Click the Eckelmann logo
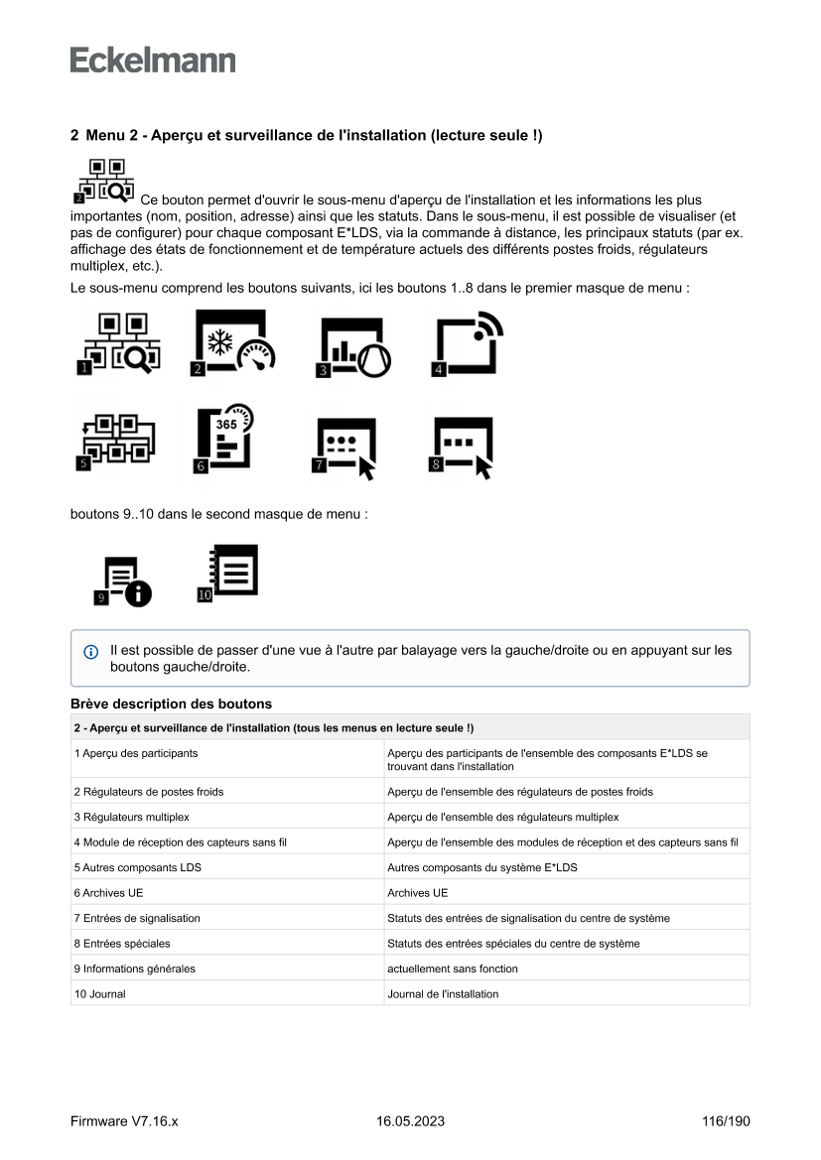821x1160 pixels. pyautogui.click(x=153, y=60)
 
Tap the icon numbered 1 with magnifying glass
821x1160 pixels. pyautogui.click(x=118, y=344)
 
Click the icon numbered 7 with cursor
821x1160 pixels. pyautogui.click(x=344, y=449)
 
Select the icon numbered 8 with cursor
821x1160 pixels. pyautogui.click(x=460, y=448)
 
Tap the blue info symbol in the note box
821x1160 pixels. pyautogui.click(x=91, y=652)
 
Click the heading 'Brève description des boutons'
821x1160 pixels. pyautogui.click(x=171, y=705)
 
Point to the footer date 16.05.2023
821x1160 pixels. pyautogui.click(x=410, y=1121)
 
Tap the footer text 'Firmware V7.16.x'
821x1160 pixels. pyautogui.click(x=124, y=1121)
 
